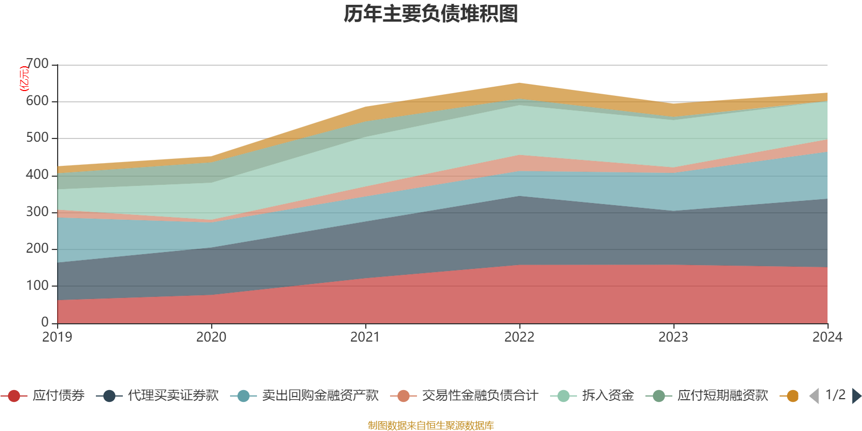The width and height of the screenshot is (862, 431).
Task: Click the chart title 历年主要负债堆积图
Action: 431,14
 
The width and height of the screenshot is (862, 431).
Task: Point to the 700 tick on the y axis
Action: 38,64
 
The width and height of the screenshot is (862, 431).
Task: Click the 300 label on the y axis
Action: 38,212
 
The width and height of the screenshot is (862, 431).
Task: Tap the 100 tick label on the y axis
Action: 38,286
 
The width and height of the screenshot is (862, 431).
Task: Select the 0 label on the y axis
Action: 45,322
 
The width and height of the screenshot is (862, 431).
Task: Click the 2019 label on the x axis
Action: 57,337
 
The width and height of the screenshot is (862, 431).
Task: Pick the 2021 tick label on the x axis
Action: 365,337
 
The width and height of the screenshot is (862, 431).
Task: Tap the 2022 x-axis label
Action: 519,337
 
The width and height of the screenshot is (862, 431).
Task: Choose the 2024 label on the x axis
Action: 827,337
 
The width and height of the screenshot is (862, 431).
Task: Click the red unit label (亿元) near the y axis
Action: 24,79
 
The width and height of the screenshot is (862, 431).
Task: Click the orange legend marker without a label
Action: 793,396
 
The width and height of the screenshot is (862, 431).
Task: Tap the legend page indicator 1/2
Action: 835,395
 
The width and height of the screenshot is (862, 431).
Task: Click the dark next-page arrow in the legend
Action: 856,396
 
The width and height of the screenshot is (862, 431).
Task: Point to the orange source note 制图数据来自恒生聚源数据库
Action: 431,426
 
